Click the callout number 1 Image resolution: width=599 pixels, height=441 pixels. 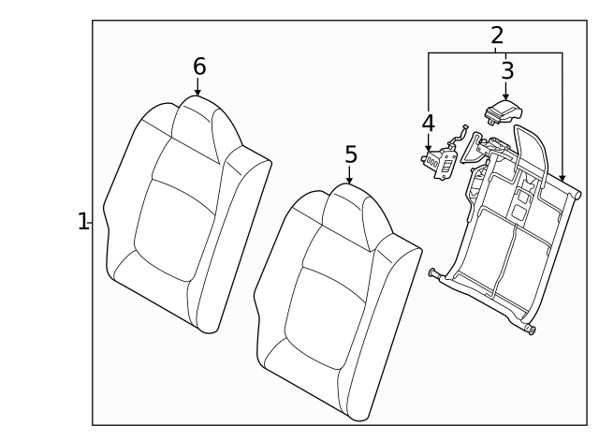point(82,222)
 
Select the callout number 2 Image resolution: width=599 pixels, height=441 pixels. point(497,36)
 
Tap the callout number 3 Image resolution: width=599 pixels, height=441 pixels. point(507,70)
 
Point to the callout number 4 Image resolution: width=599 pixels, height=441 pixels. point(428,123)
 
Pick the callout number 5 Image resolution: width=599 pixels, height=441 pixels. point(350,154)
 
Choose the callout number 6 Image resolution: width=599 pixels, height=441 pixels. point(198,66)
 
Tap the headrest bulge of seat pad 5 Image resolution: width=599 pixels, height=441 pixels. point(351,206)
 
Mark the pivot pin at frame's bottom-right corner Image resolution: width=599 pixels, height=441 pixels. point(531,329)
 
